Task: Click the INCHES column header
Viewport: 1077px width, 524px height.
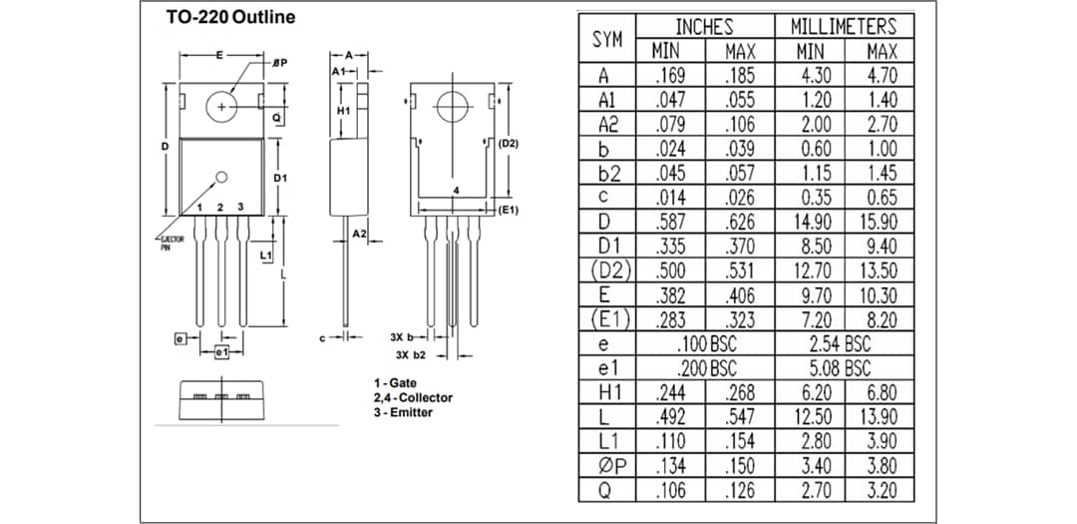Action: tap(704, 27)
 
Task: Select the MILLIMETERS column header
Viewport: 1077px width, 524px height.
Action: tap(844, 27)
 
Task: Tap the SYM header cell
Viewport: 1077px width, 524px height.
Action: tap(607, 40)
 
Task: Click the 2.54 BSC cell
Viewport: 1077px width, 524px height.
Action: tap(844, 344)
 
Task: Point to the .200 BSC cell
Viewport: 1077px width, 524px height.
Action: tap(705, 368)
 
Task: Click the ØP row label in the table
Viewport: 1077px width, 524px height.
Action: tap(609, 466)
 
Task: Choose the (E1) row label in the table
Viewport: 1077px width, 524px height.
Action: tap(609, 319)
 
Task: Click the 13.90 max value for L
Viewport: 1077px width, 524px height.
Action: tap(882, 417)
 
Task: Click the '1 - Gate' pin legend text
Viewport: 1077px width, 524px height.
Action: tap(396, 383)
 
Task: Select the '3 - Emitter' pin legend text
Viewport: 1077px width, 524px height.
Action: tap(403, 412)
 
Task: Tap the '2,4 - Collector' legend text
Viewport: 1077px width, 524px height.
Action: tap(413, 397)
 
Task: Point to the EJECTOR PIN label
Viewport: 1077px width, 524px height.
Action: tap(173, 245)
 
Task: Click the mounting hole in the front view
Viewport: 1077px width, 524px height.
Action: tap(221, 106)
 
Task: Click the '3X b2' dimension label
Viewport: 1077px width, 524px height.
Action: tap(411, 355)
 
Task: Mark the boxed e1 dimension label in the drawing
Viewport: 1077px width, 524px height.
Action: tap(221, 352)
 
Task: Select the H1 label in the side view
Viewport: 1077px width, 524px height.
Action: tap(343, 110)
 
